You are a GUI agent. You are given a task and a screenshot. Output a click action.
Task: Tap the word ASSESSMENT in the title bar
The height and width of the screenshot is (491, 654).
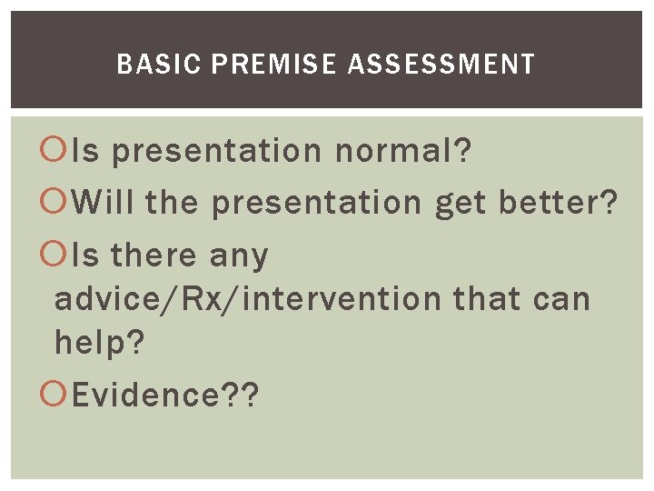click(441, 65)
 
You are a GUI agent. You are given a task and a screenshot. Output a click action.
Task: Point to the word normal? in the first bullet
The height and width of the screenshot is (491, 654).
click(403, 151)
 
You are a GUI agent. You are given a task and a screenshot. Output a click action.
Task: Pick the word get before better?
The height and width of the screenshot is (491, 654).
click(462, 203)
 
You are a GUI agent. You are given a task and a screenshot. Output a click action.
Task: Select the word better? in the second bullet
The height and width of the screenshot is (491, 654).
click(559, 203)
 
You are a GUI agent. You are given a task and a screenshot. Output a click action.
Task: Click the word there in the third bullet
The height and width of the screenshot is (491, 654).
click(154, 256)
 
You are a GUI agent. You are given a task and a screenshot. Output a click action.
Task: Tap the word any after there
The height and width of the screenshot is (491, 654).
click(239, 257)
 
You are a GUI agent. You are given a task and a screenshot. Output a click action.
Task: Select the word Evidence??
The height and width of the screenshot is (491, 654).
click(165, 396)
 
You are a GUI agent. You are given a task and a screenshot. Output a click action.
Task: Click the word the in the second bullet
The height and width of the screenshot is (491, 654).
click(171, 203)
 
